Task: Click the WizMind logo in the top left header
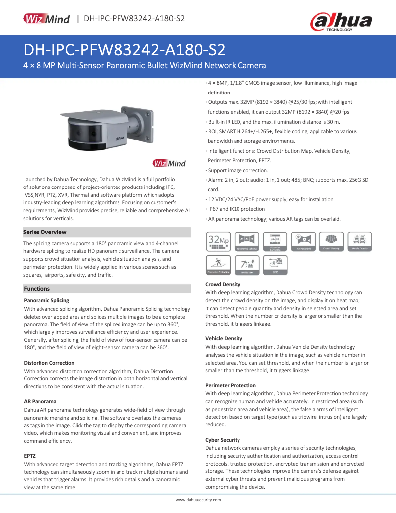pos(47,19)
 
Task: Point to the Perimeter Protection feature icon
pos(218,265)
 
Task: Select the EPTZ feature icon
pos(275,265)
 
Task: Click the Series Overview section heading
pos(45,232)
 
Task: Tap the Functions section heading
pos(37,289)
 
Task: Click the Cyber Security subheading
pos(223,440)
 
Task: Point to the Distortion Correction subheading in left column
pos(49,363)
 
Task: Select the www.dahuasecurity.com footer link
pos(198,500)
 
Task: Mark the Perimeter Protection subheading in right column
pos(231,385)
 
